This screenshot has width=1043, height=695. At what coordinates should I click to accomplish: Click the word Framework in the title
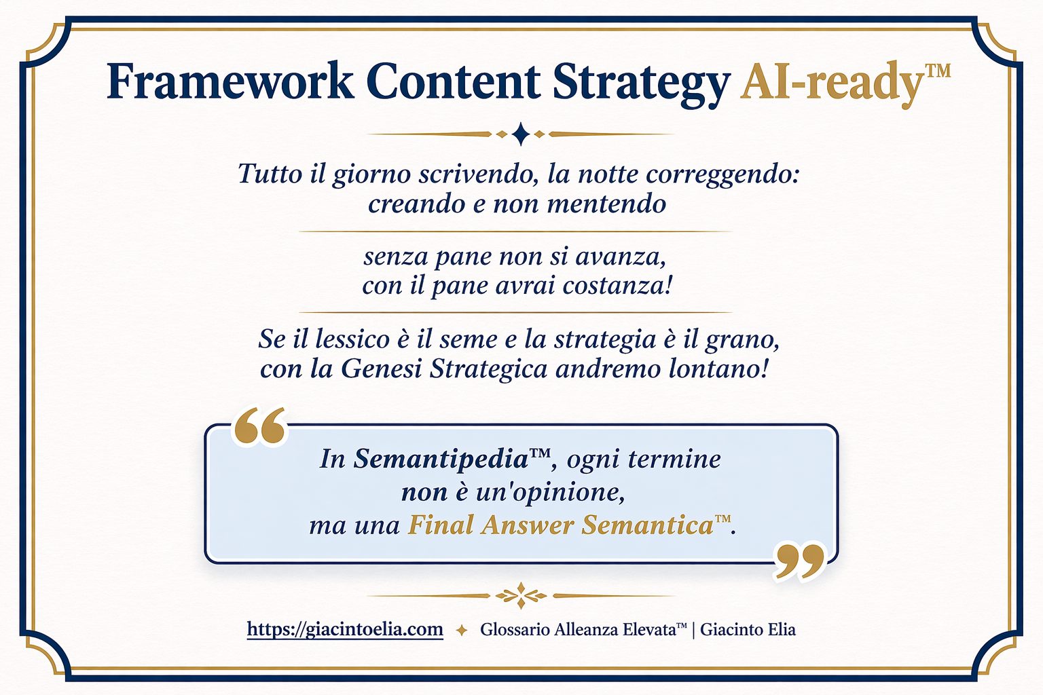click(x=230, y=81)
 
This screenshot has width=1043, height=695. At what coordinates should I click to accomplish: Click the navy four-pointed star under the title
click(x=521, y=134)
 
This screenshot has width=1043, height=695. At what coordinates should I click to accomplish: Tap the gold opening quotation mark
click(x=259, y=426)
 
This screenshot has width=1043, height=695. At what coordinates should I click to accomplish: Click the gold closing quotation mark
click(x=798, y=561)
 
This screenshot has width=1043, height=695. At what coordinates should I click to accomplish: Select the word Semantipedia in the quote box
click(x=441, y=459)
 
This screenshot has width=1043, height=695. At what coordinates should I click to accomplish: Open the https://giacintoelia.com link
click(x=345, y=629)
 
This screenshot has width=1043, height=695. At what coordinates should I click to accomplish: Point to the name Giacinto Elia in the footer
click(x=748, y=629)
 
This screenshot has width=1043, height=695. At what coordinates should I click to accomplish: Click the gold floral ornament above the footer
click(x=521, y=595)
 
